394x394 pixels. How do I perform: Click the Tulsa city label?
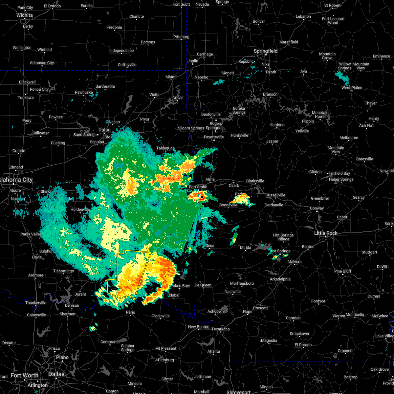(104, 130)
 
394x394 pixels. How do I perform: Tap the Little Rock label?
(326, 233)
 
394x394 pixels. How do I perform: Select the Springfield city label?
(266, 51)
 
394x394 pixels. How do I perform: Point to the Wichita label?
(25, 15)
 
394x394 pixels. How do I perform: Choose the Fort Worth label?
(24, 375)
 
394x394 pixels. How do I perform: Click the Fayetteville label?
(214, 137)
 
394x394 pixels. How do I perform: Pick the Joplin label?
(193, 61)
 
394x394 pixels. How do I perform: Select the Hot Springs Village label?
(283, 237)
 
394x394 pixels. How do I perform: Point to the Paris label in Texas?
(131, 312)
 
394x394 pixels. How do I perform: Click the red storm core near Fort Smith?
(202, 197)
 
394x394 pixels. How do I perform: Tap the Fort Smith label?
(198, 187)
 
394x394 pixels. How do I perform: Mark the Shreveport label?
(238, 392)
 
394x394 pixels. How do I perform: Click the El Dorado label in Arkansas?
(303, 345)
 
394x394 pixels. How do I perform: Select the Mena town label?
(209, 246)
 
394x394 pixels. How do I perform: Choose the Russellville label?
(275, 195)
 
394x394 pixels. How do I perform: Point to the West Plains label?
(352, 88)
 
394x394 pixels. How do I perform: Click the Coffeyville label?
(127, 65)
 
